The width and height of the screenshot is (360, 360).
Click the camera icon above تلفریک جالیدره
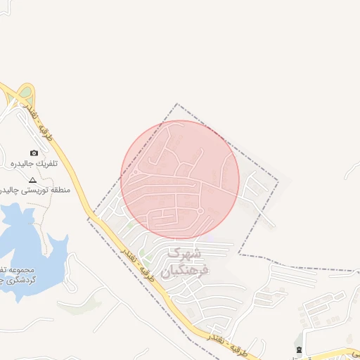point(34,153)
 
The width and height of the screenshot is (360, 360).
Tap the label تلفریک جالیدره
point(34,164)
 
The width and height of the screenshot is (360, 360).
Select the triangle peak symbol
point(32,180)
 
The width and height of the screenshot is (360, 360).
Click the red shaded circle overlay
point(180,179)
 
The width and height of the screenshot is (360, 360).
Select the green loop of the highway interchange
point(26,92)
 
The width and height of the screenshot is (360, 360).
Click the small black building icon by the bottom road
point(299,349)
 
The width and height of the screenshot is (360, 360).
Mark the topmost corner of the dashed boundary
point(176,105)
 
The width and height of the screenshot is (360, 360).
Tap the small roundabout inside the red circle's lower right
point(200,211)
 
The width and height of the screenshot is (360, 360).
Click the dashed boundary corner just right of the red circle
point(278,181)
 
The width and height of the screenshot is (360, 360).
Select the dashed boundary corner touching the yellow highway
point(89,219)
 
